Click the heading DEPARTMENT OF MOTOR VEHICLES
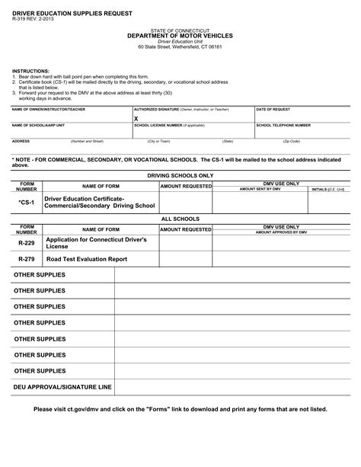180,36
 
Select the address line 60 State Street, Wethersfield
180,46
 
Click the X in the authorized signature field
136,119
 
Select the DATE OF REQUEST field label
273,110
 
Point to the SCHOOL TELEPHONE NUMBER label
283,125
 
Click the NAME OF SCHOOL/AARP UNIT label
38,125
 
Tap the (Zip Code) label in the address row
291,141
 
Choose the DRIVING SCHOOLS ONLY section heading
180,175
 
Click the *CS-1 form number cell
27,203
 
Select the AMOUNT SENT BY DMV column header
260,189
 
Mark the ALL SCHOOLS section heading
180,219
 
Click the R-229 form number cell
27,242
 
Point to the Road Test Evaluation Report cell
86,259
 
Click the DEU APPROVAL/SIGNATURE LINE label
62,387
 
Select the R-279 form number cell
27,259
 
